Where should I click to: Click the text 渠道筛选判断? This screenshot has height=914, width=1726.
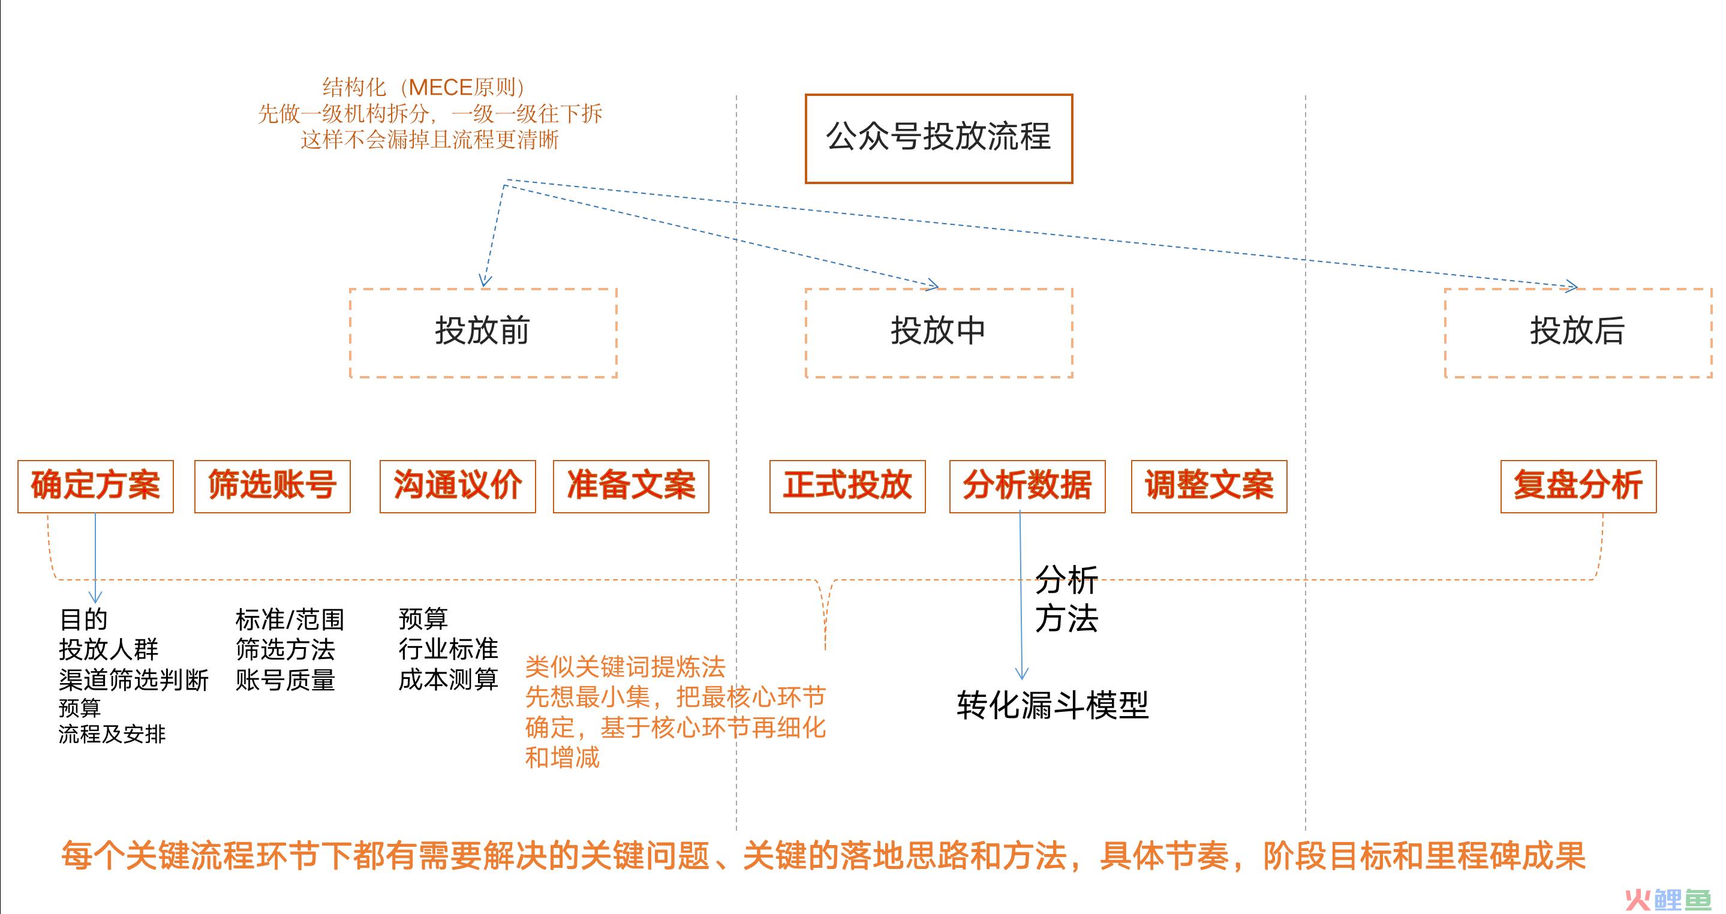[x=134, y=680]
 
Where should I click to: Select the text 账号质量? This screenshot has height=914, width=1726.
[x=285, y=680]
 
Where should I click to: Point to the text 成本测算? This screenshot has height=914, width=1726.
[x=448, y=680]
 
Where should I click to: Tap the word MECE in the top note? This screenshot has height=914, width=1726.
[x=440, y=87]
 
